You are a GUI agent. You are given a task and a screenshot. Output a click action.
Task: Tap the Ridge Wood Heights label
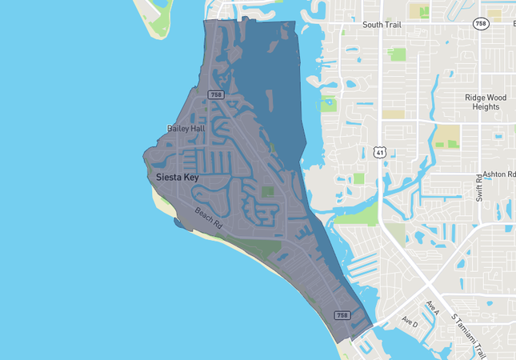point(486,102)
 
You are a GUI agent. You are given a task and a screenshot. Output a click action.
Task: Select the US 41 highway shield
point(380,151)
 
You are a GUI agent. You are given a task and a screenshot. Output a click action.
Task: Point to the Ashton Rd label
point(499,174)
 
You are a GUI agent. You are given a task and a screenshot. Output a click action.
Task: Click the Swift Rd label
point(479,186)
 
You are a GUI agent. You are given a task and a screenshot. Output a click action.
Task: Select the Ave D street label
point(410,322)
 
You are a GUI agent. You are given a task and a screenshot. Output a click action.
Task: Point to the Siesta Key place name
point(177,177)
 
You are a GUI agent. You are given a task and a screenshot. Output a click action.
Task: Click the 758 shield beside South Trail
point(480,24)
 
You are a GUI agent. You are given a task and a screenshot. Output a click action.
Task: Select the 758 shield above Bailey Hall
point(215,95)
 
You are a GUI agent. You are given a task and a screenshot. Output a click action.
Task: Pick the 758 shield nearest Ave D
point(342,315)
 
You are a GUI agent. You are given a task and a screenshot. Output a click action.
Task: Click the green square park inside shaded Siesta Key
point(267,192)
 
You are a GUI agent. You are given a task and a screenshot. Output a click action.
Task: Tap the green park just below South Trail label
point(396,54)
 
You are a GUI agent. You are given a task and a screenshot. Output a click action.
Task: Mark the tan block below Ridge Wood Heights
point(447,135)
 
